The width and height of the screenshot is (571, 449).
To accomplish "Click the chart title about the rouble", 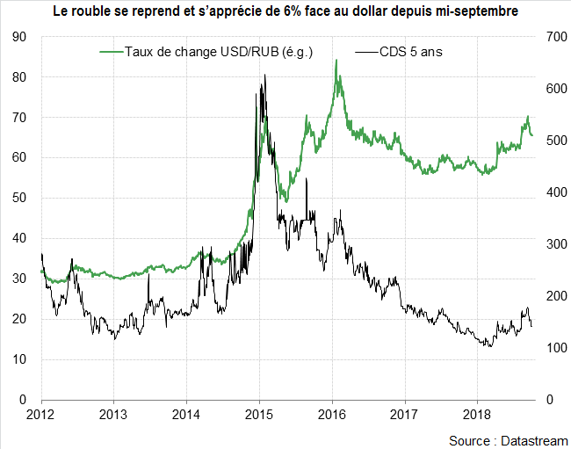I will point(285,12).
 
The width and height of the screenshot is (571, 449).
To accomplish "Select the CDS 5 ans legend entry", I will point(410,52).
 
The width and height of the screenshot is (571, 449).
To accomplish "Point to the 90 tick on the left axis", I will point(19,37).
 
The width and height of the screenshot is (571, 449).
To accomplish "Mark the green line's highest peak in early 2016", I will point(336,60).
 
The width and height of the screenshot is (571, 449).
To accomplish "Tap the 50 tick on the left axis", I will point(19,199).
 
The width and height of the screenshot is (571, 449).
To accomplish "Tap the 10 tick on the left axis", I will point(19,359).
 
